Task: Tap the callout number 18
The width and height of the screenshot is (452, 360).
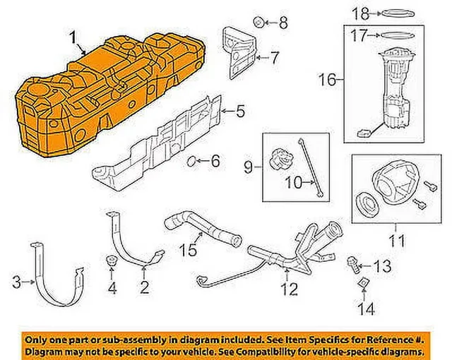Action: (x=361, y=13)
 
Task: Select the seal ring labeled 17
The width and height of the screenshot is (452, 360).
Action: (x=398, y=36)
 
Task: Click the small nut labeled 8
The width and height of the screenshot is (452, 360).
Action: (x=258, y=22)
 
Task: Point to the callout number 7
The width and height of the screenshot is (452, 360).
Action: (x=275, y=58)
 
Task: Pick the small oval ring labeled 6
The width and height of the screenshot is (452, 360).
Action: (x=191, y=161)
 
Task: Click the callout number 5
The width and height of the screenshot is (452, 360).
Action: (x=240, y=112)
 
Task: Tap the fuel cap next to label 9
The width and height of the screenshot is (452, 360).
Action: (x=282, y=160)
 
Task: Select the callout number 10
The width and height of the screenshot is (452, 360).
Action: (x=294, y=182)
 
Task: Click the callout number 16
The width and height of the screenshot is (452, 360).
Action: (x=328, y=80)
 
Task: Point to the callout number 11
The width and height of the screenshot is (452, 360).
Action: (x=397, y=241)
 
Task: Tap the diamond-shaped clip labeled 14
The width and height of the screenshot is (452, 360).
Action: (x=363, y=283)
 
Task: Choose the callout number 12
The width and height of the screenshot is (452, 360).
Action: (x=290, y=289)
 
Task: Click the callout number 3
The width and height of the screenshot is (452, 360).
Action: (x=17, y=282)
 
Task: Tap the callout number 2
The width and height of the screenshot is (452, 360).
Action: (x=144, y=287)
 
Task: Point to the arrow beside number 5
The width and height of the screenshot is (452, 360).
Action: (x=227, y=111)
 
